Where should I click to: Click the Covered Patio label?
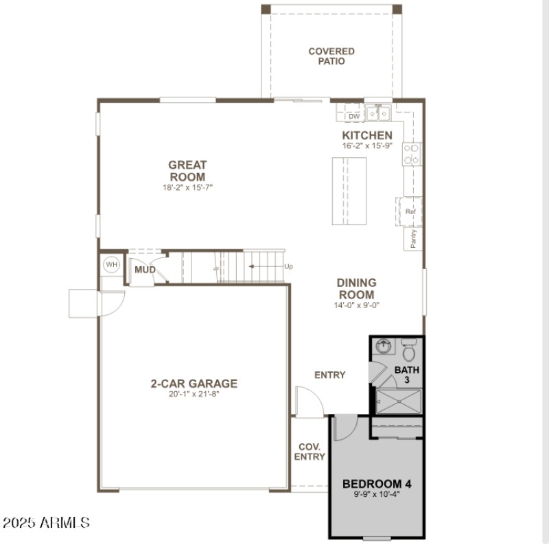[331, 56]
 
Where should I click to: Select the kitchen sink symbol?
[378, 113]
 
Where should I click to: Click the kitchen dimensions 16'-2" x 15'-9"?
[367, 146]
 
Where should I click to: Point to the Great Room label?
[187, 171]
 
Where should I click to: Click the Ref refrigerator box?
[410, 211]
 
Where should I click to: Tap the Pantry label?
[413, 238]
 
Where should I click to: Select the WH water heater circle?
[111, 264]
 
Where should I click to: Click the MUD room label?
[145, 270]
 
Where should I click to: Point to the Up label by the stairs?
[288, 266]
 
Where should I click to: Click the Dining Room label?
[356, 288]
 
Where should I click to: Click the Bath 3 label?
[406, 375]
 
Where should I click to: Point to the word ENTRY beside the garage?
[329, 375]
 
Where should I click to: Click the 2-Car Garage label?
[194, 384]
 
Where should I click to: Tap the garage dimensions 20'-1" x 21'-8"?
[194, 394]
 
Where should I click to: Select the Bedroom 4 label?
[377, 484]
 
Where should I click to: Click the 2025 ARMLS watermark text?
[46, 522]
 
